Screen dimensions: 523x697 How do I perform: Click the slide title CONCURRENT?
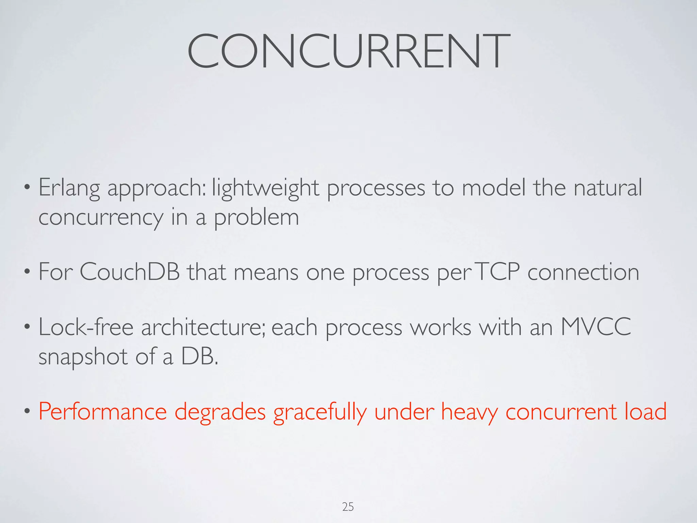tap(348, 51)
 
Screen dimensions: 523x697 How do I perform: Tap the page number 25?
tap(348, 507)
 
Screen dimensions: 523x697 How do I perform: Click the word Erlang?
tap(69, 188)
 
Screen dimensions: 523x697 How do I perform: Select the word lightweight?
tap(265, 188)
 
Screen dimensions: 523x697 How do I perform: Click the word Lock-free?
tap(86, 328)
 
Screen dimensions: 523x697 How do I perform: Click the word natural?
tap(607, 188)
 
